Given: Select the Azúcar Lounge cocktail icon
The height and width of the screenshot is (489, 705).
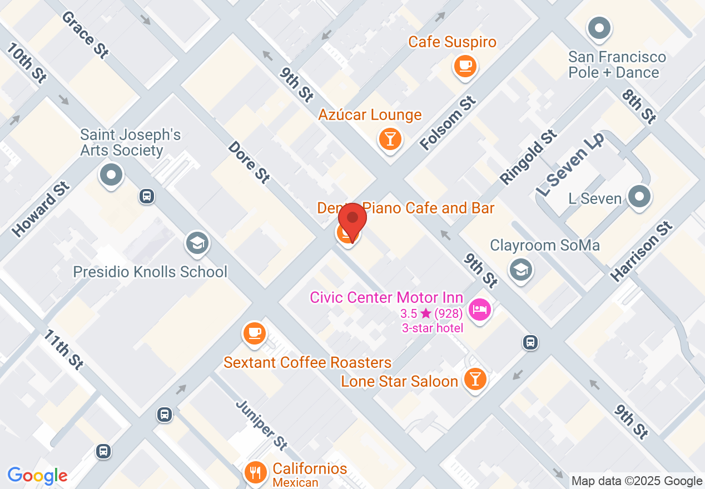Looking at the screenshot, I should pos(390,138).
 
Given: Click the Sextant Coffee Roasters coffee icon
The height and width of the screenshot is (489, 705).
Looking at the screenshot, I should pos(254,333).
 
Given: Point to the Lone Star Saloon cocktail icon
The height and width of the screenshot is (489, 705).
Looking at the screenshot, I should pos(475,380).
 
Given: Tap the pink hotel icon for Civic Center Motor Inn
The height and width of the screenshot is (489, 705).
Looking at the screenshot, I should pos(479,309).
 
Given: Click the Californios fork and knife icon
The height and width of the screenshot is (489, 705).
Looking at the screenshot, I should pos(255,472).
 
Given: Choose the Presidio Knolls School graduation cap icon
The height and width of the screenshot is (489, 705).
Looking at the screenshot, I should pos(197,243).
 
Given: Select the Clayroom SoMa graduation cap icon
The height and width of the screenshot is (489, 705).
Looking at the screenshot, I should pos(520,270).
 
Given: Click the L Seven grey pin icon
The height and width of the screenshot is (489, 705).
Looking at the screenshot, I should pos(639,196).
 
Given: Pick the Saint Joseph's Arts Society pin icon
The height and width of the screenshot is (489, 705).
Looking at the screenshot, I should pos(111,175).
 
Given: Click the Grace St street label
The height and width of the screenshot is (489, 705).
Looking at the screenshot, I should pos(85,34).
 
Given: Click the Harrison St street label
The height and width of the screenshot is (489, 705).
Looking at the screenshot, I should pos(642,251).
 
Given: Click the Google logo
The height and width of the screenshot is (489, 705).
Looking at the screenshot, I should pos(37,476).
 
